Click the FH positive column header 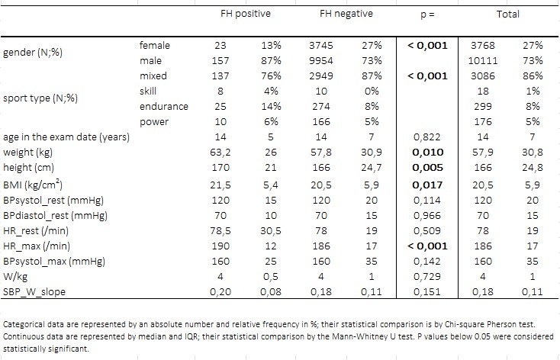(246, 14)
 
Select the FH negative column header (346, 14)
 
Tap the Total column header (507, 14)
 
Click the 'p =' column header (427, 15)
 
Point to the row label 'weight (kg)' (28, 153)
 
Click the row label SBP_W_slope (34, 292)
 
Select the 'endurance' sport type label (163, 107)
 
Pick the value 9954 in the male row (321, 61)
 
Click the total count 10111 (482, 61)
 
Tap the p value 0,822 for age (427, 137)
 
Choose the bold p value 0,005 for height (427, 168)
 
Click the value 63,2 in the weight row (220, 153)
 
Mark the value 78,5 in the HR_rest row (220, 231)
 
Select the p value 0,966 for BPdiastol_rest (427, 216)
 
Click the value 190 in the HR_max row (220, 246)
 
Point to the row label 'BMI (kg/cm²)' (33, 185)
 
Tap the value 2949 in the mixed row (321, 76)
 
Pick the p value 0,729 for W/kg (427, 277)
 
